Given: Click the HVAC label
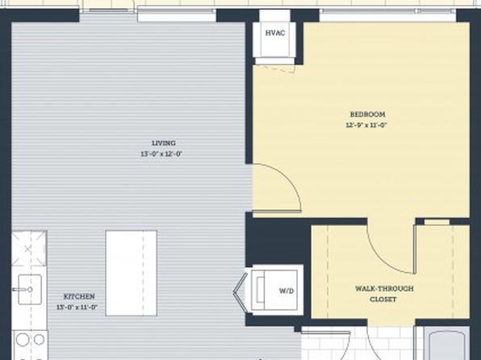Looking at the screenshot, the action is click(275, 33).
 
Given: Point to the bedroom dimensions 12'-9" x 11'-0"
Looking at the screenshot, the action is click(366, 125).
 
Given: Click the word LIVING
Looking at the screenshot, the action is click(164, 143).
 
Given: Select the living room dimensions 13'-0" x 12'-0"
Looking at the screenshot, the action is click(161, 153).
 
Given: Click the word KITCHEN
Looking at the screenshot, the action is click(79, 296).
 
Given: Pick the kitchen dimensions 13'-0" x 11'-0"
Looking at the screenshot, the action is click(77, 307).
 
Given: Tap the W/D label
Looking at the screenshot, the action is click(287, 291).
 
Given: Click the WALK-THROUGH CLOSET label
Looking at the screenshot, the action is click(384, 294).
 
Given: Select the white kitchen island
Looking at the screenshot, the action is click(132, 273).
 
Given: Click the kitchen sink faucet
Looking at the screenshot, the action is click(23, 289).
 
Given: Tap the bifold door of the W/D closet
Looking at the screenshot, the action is click(240, 292).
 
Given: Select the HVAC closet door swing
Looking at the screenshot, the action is click(276, 69).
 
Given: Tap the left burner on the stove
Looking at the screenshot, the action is click(23, 340).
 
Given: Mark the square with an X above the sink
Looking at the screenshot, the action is click(29, 249).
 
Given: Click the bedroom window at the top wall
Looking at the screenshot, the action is click(388, 11).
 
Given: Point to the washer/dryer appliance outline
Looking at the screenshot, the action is click(274, 290).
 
